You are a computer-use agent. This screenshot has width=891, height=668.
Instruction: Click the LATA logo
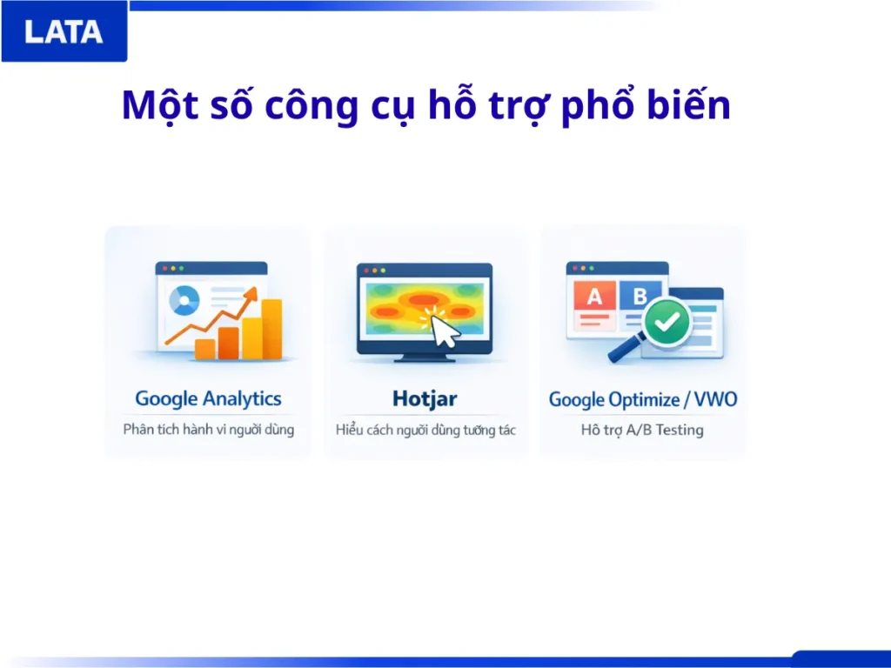point(64,32)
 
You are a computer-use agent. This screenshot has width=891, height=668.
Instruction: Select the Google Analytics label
point(208,399)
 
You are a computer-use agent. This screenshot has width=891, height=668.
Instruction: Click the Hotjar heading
point(425,399)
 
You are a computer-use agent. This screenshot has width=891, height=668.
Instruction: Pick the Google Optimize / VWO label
point(642,400)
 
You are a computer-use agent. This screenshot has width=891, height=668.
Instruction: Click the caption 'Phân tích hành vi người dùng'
point(208,429)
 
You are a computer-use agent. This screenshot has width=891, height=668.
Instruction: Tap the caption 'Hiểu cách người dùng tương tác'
point(425,430)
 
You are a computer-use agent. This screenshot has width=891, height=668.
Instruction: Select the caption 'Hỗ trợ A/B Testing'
point(642,430)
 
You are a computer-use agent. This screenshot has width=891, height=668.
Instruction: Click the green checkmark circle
point(667,323)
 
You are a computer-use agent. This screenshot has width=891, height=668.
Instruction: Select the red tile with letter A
point(594,297)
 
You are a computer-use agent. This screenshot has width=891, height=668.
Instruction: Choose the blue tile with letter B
point(640,297)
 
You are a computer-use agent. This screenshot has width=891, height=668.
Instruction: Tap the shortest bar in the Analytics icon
point(205,349)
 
